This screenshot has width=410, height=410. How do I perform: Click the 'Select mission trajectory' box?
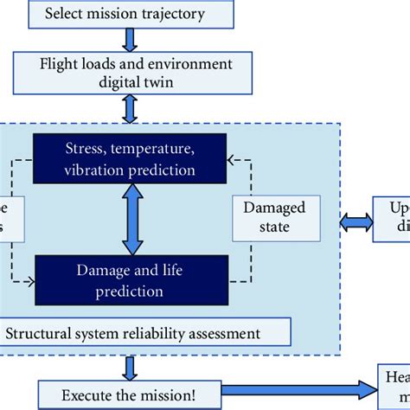click(x=130, y=13)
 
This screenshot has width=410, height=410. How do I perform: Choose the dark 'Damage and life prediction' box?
click(x=129, y=280)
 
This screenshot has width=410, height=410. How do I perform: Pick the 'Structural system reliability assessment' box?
click(x=145, y=333)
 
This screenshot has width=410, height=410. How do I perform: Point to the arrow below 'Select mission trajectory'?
click(x=130, y=39)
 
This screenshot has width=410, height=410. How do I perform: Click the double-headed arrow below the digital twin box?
click(x=130, y=107)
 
